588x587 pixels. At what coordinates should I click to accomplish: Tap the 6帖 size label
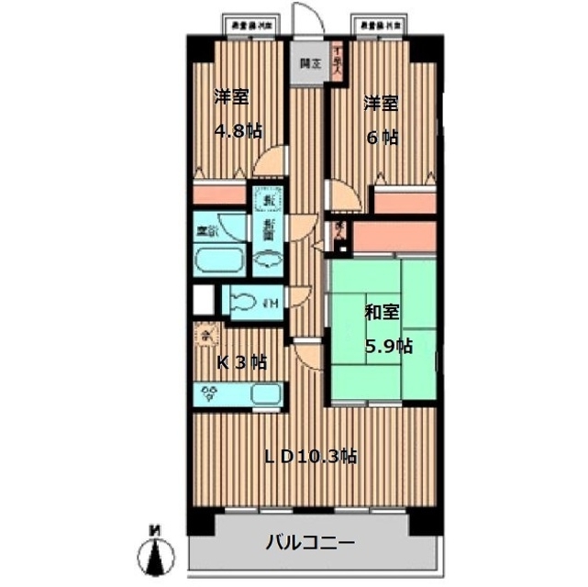point(383,138)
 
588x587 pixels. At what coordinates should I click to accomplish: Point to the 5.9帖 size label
point(389,346)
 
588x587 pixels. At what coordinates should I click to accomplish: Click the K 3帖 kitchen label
point(241,362)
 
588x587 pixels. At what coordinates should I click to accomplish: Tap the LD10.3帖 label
point(312,455)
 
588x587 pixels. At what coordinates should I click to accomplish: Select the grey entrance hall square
point(309,65)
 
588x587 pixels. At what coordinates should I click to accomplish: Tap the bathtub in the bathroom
point(220,261)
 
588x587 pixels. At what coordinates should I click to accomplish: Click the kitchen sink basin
point(267,395)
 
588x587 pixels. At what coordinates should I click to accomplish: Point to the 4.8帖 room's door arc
point(269,163)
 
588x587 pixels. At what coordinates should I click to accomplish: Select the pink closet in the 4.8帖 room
point(219,195)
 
